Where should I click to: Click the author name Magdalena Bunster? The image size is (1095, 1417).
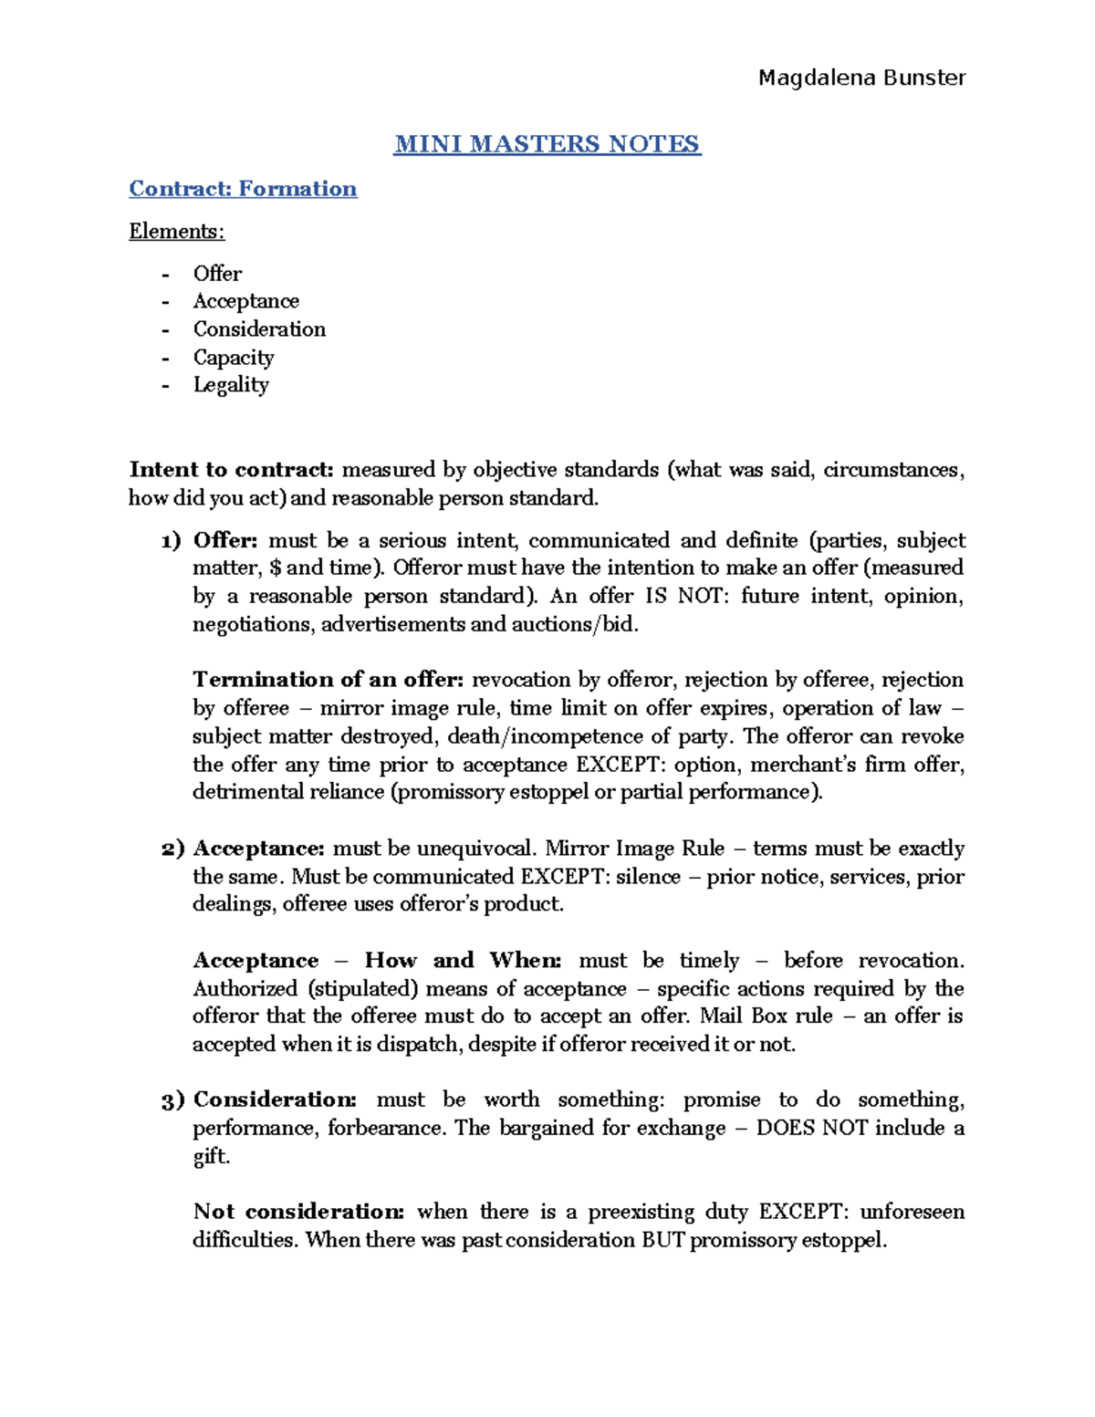pyautogui.click(x=861, y=78)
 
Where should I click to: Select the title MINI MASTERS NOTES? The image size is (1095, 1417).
pyautogui.click(x=547, y=144)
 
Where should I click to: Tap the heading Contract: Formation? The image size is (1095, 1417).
pyautogui.click(x=243, y=189)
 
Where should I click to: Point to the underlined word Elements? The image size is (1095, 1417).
pyautogui.click(x=176, y=232)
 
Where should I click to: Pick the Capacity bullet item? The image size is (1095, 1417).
pyautogui.click(x=233, y=358)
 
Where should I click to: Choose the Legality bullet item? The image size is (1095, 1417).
pyautogui.click(x=231, y=385)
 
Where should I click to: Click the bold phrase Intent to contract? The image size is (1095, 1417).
pyautogui.click(x=232, y=470)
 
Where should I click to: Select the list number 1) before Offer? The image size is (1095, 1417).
pyautogui.click(x=171, y=541)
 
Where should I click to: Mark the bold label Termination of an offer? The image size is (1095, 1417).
pyautogui.click(x=328, y=681)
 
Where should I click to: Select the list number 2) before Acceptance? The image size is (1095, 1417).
pyautogui.click(x=172, y=849)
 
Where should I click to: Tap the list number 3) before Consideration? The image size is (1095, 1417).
pyautogui.click(x=172, y=1100)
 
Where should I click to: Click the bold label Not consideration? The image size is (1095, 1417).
pyautogui.click(x=298, y=1213)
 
